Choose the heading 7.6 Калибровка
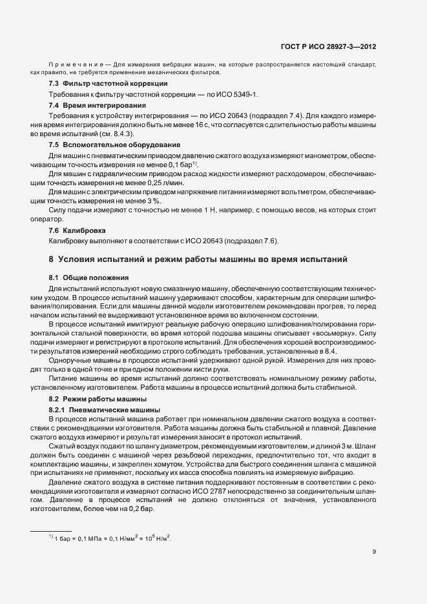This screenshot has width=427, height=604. [x=78, y=230]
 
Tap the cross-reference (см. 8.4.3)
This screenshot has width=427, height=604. [x=116, y=134]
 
